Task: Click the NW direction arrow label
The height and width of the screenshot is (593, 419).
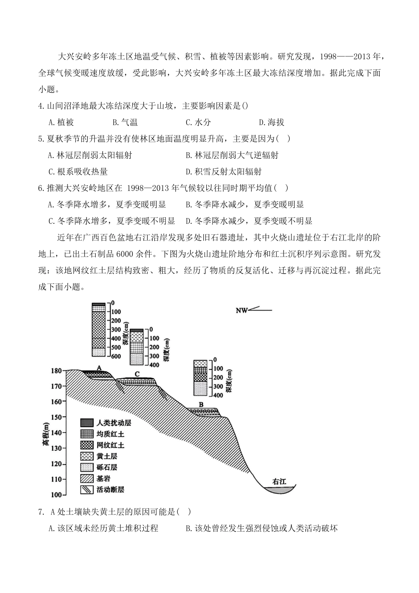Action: coord(241,310)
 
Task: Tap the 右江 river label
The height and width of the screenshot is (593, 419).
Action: coord(279,481)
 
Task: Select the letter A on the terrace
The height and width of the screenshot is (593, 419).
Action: coord(99,367)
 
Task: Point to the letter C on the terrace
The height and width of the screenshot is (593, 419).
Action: coord(138,374)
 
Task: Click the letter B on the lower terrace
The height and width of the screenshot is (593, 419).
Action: coord(201,404)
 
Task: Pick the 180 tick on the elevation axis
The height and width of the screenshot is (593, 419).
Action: coord(56,371)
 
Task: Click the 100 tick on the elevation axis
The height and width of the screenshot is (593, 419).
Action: coord(56,495)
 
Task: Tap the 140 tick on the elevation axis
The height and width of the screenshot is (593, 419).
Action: coord(56,433)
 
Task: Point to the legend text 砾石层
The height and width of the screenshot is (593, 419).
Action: coord(107,467)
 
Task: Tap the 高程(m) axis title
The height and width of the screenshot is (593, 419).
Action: coord(46,435)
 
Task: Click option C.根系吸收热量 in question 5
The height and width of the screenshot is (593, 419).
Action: coord(78,172)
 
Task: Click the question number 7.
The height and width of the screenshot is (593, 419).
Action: coord(41,512)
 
